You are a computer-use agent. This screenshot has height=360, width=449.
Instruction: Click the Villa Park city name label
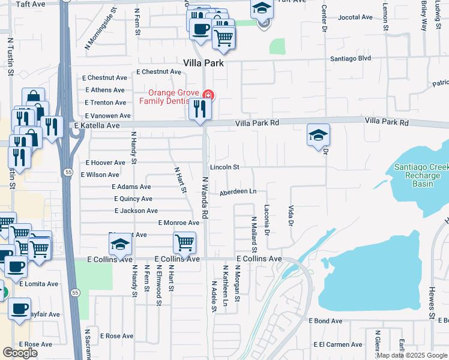[x=203, y=63]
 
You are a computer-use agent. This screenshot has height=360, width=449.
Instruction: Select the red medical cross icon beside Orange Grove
[x=208, y=95]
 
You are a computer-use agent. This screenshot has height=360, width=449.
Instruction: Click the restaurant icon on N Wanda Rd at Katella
[x=199, y=109]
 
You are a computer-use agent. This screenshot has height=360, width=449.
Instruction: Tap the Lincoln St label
[x=224, y=167]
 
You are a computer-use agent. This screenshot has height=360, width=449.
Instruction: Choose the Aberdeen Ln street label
[x=238, y=191]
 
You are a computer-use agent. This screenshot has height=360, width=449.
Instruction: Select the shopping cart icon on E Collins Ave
[x=184, y=242]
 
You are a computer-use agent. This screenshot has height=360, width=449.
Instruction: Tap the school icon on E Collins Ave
[x=120, y=245]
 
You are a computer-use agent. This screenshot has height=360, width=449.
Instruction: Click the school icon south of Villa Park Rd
[x=318, y=135]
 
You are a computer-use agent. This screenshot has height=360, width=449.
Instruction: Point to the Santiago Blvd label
[x=351, y=59]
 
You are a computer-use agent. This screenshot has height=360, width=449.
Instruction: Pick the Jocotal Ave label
[x=356, y=18]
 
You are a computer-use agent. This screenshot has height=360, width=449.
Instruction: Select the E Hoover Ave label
[x=106, y=163]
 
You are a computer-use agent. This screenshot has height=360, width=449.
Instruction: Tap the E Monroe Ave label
[x=178, y=223]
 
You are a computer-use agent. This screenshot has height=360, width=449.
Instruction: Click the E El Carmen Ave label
[x=338, y=345]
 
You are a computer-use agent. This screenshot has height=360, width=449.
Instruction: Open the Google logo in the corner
[x=20, y=353]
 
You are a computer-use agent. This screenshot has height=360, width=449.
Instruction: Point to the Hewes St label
[x=431, y=302]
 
